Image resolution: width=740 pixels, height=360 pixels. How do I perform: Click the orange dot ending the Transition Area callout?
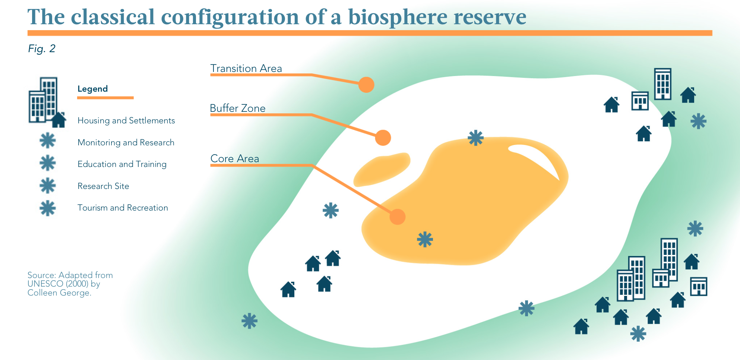click(x=366, y=85)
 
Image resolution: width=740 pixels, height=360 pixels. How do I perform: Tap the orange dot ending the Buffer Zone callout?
click(x=383, y=138)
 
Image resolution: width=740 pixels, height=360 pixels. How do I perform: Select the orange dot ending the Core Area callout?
click(x=398, y=217)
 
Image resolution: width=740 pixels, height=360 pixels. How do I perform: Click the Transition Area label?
click(x=246, y=69)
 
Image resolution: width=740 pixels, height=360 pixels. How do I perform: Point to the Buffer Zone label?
click(x=238, y=108)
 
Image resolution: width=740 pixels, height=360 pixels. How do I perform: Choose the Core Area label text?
click(x=235, y=159)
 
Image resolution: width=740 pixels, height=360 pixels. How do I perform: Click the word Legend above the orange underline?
click(x=92, y=89)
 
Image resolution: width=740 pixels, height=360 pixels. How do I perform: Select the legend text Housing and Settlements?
click(x=126, y=121)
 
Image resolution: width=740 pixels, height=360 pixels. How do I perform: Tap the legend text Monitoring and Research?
click(x=126, y=142)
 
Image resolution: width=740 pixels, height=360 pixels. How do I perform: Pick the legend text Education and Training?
click(x=122, y=164)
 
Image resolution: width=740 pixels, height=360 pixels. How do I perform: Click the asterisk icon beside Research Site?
click(x=48, y=186)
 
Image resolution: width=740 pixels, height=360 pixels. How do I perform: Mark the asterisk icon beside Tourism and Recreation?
click(x=48, y=208)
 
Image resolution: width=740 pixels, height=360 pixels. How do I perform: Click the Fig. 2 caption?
click(x=42, y=49)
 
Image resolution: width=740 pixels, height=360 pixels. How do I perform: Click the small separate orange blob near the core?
click(x=382, y=169)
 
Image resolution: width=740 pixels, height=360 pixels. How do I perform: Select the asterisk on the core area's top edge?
click(x=476, y=138)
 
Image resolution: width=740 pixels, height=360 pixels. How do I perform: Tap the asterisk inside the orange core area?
click(x=425, y=239)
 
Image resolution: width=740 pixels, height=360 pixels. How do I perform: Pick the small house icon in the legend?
click(x=58, y=120)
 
